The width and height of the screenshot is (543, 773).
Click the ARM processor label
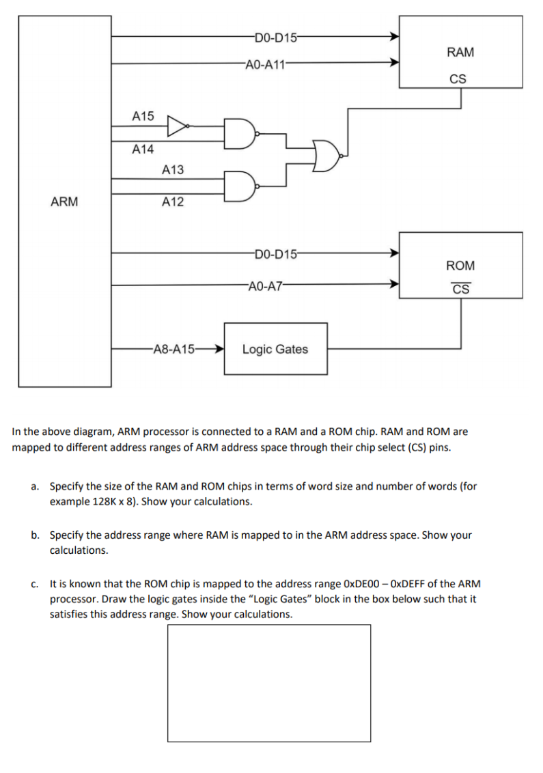pos(64,201)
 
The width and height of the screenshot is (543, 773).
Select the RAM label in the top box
pos(460,52)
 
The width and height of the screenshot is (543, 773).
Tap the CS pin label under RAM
pos(458,79)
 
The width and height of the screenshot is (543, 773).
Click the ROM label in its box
pos(460,265)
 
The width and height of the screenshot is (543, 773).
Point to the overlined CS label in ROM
pos(460,289)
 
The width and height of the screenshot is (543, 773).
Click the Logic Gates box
pos(275,349)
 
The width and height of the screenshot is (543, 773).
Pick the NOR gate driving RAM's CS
pos(326,156)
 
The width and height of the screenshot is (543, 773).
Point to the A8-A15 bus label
pos(173,349)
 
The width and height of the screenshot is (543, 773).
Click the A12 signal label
pos(173,201)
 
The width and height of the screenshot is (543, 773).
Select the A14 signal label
pos(143,149)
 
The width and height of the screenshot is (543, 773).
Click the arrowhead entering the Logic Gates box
pos(219,349)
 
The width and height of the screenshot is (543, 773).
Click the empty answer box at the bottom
pos(269,683)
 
